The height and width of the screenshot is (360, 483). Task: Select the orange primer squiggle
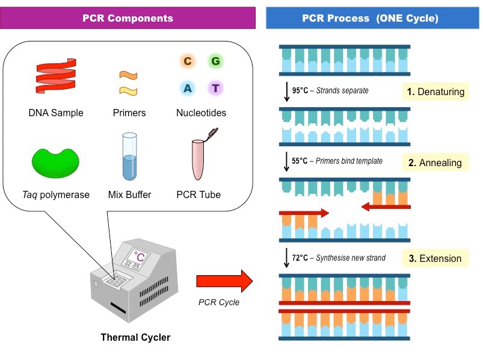128,75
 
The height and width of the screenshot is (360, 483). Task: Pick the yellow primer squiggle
128,90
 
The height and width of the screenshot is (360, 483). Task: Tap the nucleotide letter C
188,61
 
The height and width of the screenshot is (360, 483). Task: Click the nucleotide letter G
215,61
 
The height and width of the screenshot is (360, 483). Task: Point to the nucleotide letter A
188,88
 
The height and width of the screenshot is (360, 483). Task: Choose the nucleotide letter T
215,88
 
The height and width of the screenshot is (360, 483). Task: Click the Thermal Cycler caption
135,337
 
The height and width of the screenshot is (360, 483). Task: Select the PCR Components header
128,18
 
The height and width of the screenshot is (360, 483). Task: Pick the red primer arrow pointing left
385,206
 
